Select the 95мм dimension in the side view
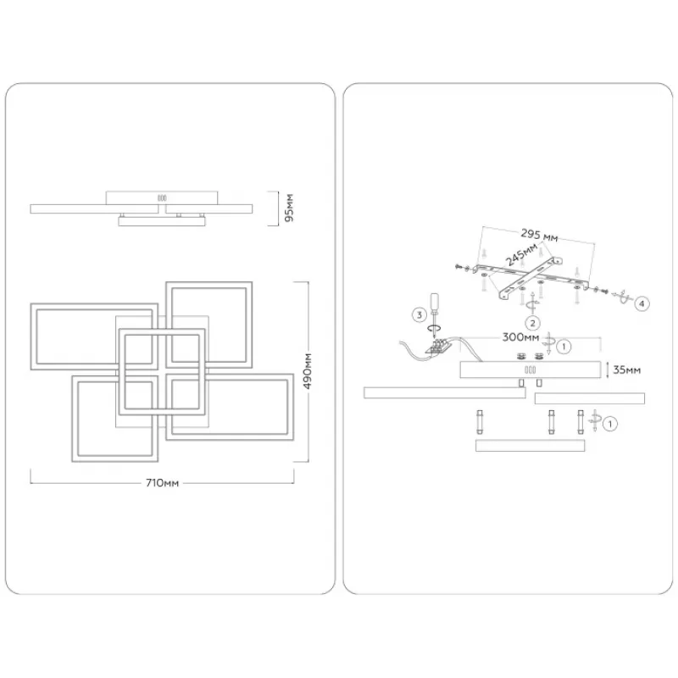pos(288,207)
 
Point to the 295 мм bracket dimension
pos(539,236)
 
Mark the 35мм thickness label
pos(625,370)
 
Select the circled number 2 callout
pos(531,322)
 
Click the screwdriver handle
pos(436,303)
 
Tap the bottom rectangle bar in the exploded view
pos(530,444)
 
